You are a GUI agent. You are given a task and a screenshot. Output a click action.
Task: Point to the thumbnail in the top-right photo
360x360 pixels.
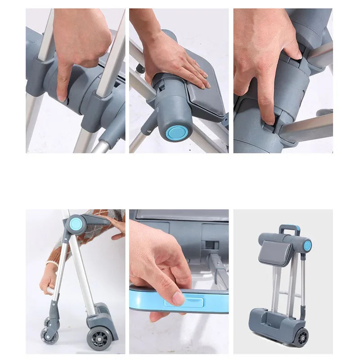tap(297, 54)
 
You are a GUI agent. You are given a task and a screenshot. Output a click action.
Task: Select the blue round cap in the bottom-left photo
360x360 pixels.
tap(75, 224)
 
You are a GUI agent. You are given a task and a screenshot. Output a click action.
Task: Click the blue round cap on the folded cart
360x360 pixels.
tap(307, 245)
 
